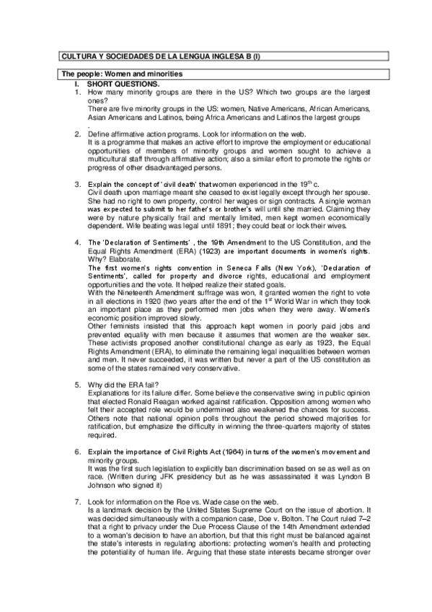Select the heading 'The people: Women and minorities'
tap(121, 74)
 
